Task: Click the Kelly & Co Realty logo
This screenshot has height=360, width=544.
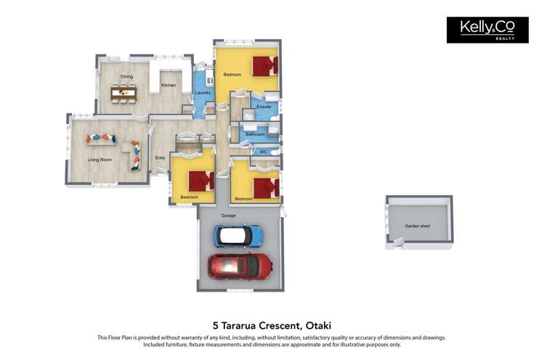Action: coord(487,30)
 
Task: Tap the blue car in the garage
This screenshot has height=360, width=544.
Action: coord(238,236)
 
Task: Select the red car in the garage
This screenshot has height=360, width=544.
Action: coord(240,266)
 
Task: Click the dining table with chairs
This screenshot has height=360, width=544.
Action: coord(123,93)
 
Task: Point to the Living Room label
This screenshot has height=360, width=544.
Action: coord(100,160)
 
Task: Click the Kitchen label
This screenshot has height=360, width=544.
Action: coord(169,85)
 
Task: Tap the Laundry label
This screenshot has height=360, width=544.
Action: coord(203,93)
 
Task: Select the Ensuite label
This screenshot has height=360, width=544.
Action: coord(264,107)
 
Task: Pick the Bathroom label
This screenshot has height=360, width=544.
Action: coord(255,134)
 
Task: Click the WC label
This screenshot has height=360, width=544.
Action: coord(264,152)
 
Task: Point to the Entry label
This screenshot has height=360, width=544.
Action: coord(160,158)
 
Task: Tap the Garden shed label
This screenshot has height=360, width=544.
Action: coord(418,226)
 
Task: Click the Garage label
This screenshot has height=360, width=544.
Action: coord(228,216)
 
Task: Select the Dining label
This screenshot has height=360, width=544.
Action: coord(126,77)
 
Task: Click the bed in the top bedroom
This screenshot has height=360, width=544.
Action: coord(265,66)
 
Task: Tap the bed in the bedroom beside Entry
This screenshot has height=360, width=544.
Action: coord(201,181)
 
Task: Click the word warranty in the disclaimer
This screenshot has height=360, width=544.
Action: coord(192,337)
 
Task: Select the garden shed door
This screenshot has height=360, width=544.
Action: coord(398,242)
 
